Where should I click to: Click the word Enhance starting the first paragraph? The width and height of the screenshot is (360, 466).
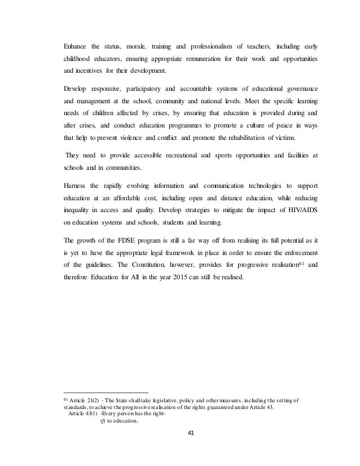click(x=76, y=46)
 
